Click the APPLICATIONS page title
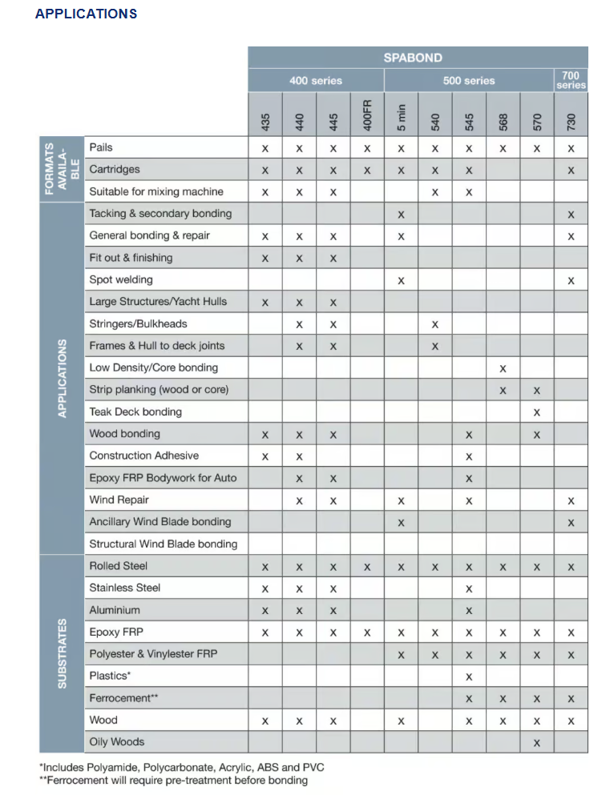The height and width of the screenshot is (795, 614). click(x=86, y=14)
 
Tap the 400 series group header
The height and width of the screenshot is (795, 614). click(x=316, y=80)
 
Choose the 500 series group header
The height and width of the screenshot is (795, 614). click(x=469, y=80)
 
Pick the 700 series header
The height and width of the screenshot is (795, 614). click(x=571, y=80)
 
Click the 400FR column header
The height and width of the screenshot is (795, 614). click(x=367, y=114)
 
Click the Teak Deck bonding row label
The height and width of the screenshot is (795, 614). click(x=135, y=412)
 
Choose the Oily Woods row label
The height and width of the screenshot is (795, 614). click(x=117, y=741)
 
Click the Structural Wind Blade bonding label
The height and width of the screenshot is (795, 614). click(x=164, y=544)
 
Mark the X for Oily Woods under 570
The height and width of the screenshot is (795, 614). click(x=537, y=742)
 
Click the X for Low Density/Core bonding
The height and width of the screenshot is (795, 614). click(x=503, y=368)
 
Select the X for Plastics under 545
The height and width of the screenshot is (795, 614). click(x=469, y=677)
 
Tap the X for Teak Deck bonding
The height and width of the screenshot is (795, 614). click(x=537, y=412)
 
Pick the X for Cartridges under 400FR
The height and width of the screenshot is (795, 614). click(x=367, y=170)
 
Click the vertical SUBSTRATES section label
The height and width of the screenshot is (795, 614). click(x=63, y=653)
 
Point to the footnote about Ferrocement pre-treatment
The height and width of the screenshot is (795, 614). click(x=174, y=780)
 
